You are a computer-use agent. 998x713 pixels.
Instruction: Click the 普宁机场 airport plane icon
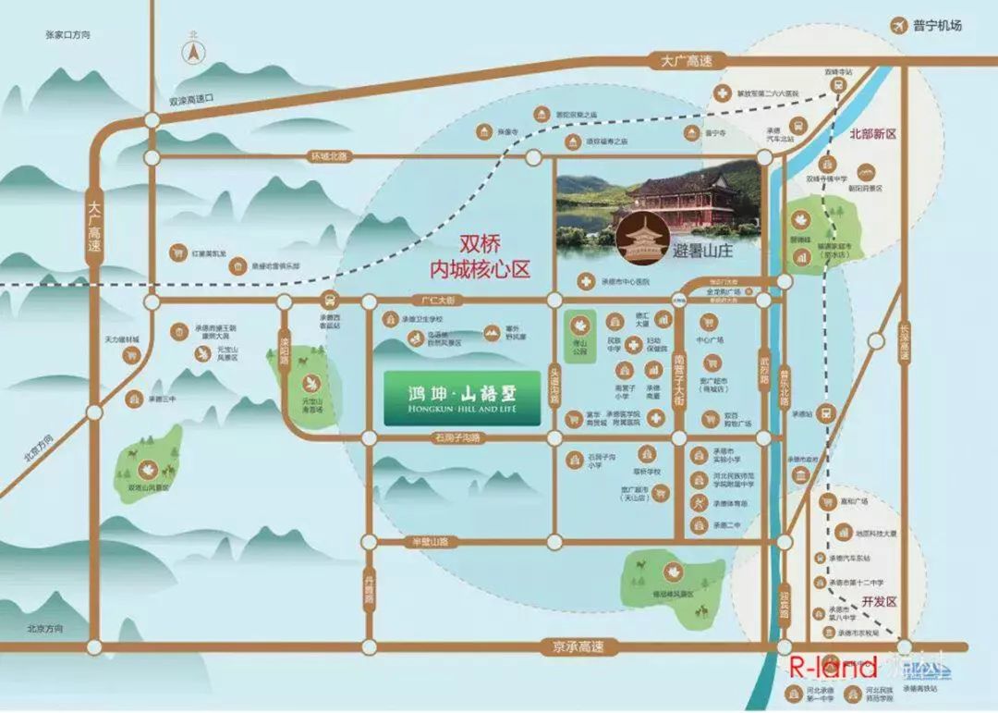coord(897,25)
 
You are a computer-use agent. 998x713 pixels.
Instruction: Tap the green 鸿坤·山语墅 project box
coord(462,399)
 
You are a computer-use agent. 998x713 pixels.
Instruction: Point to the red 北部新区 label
coord(873,134)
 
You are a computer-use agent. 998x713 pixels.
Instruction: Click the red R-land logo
coord(830,667)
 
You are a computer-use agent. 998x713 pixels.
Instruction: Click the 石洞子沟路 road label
coord(458,437)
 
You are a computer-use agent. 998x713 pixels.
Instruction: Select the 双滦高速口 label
coord(191,99)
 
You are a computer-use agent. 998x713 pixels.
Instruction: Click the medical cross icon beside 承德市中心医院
coord(585,280)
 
